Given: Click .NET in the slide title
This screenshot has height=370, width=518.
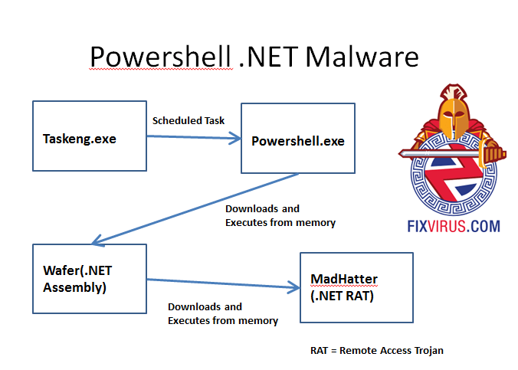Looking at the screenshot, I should tap(264, 57).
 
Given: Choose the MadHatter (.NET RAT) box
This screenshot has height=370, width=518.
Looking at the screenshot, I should tap(356, 289).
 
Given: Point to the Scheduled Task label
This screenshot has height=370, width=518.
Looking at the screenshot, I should tap(188, 120).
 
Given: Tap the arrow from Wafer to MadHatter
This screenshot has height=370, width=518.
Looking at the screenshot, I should tap(222, 284).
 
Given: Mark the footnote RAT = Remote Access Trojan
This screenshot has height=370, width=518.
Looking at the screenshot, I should tap(376, 350).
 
